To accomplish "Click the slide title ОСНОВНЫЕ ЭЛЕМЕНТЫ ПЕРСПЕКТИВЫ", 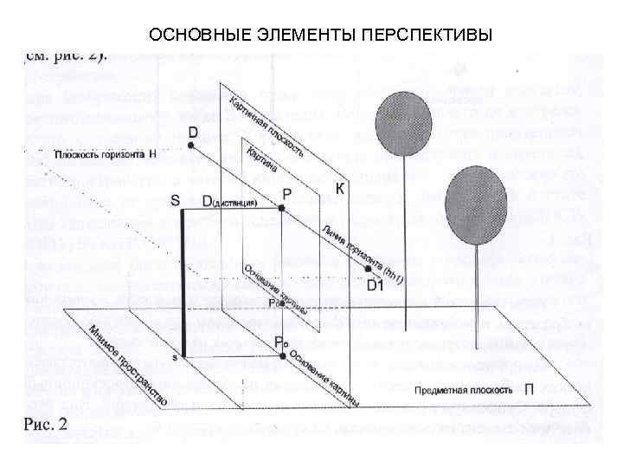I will click(x=320, y=36).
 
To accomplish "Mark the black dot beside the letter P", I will click(x=282, y=208).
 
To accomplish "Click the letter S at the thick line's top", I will click(x=176, y=201).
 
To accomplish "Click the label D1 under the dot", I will click(x=376, y=284).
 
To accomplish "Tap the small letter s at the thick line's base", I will click(x=174, y=357).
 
